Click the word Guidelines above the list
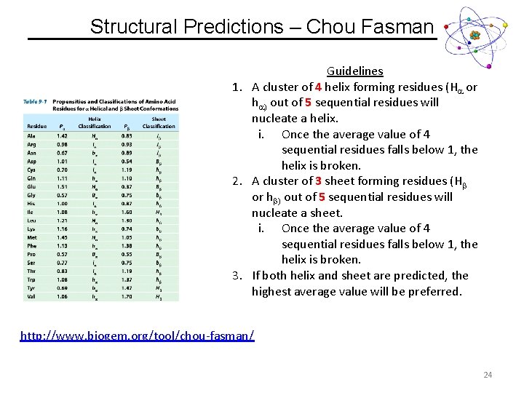[x=354, y=71]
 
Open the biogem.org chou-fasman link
[x=138, y=336]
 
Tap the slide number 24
[x=487, y=375]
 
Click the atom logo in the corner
[x=475, y=35]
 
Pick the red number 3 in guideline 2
[x=318, y=181]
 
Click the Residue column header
[x=36, y=126]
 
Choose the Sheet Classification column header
[x=158, y=122]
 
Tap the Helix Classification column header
[x=95, y=122]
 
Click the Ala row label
[x=32, y=135]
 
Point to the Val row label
[x=32, y=296]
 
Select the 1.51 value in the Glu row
[x=62, y=186]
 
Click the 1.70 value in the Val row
[x=127, y=296]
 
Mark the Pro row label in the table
[x=32, y=254]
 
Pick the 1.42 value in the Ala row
[x=62, y=135]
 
